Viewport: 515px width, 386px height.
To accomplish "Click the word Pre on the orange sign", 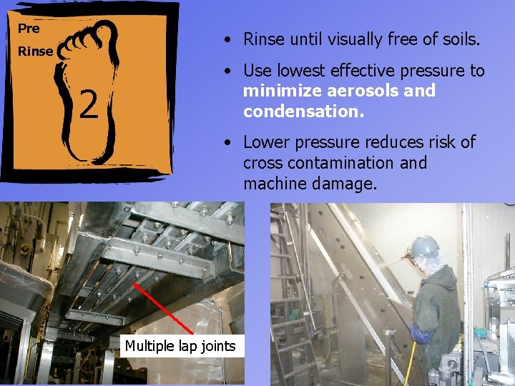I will [29, 29].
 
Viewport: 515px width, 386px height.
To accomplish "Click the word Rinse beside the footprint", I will [36, 51].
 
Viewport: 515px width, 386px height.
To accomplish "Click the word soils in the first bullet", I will [458, 39].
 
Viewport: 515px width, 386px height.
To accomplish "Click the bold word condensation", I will [303, 112].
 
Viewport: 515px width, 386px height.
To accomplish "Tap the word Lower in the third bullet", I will [268, 142].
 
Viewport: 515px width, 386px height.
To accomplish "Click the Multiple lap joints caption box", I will [180, 347].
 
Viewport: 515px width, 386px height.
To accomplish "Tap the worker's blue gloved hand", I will [421, 334].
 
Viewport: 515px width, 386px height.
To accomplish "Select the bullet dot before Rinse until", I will [225, 39].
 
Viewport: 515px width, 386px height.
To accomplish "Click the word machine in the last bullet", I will [273, 184].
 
